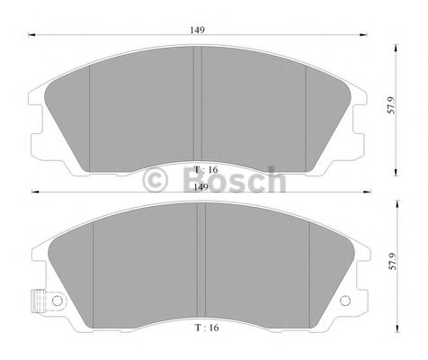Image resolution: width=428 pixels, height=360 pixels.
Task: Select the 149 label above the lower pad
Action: click(x=199, y=186)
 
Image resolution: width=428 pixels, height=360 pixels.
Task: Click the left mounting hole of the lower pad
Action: click(x=56, y=300)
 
